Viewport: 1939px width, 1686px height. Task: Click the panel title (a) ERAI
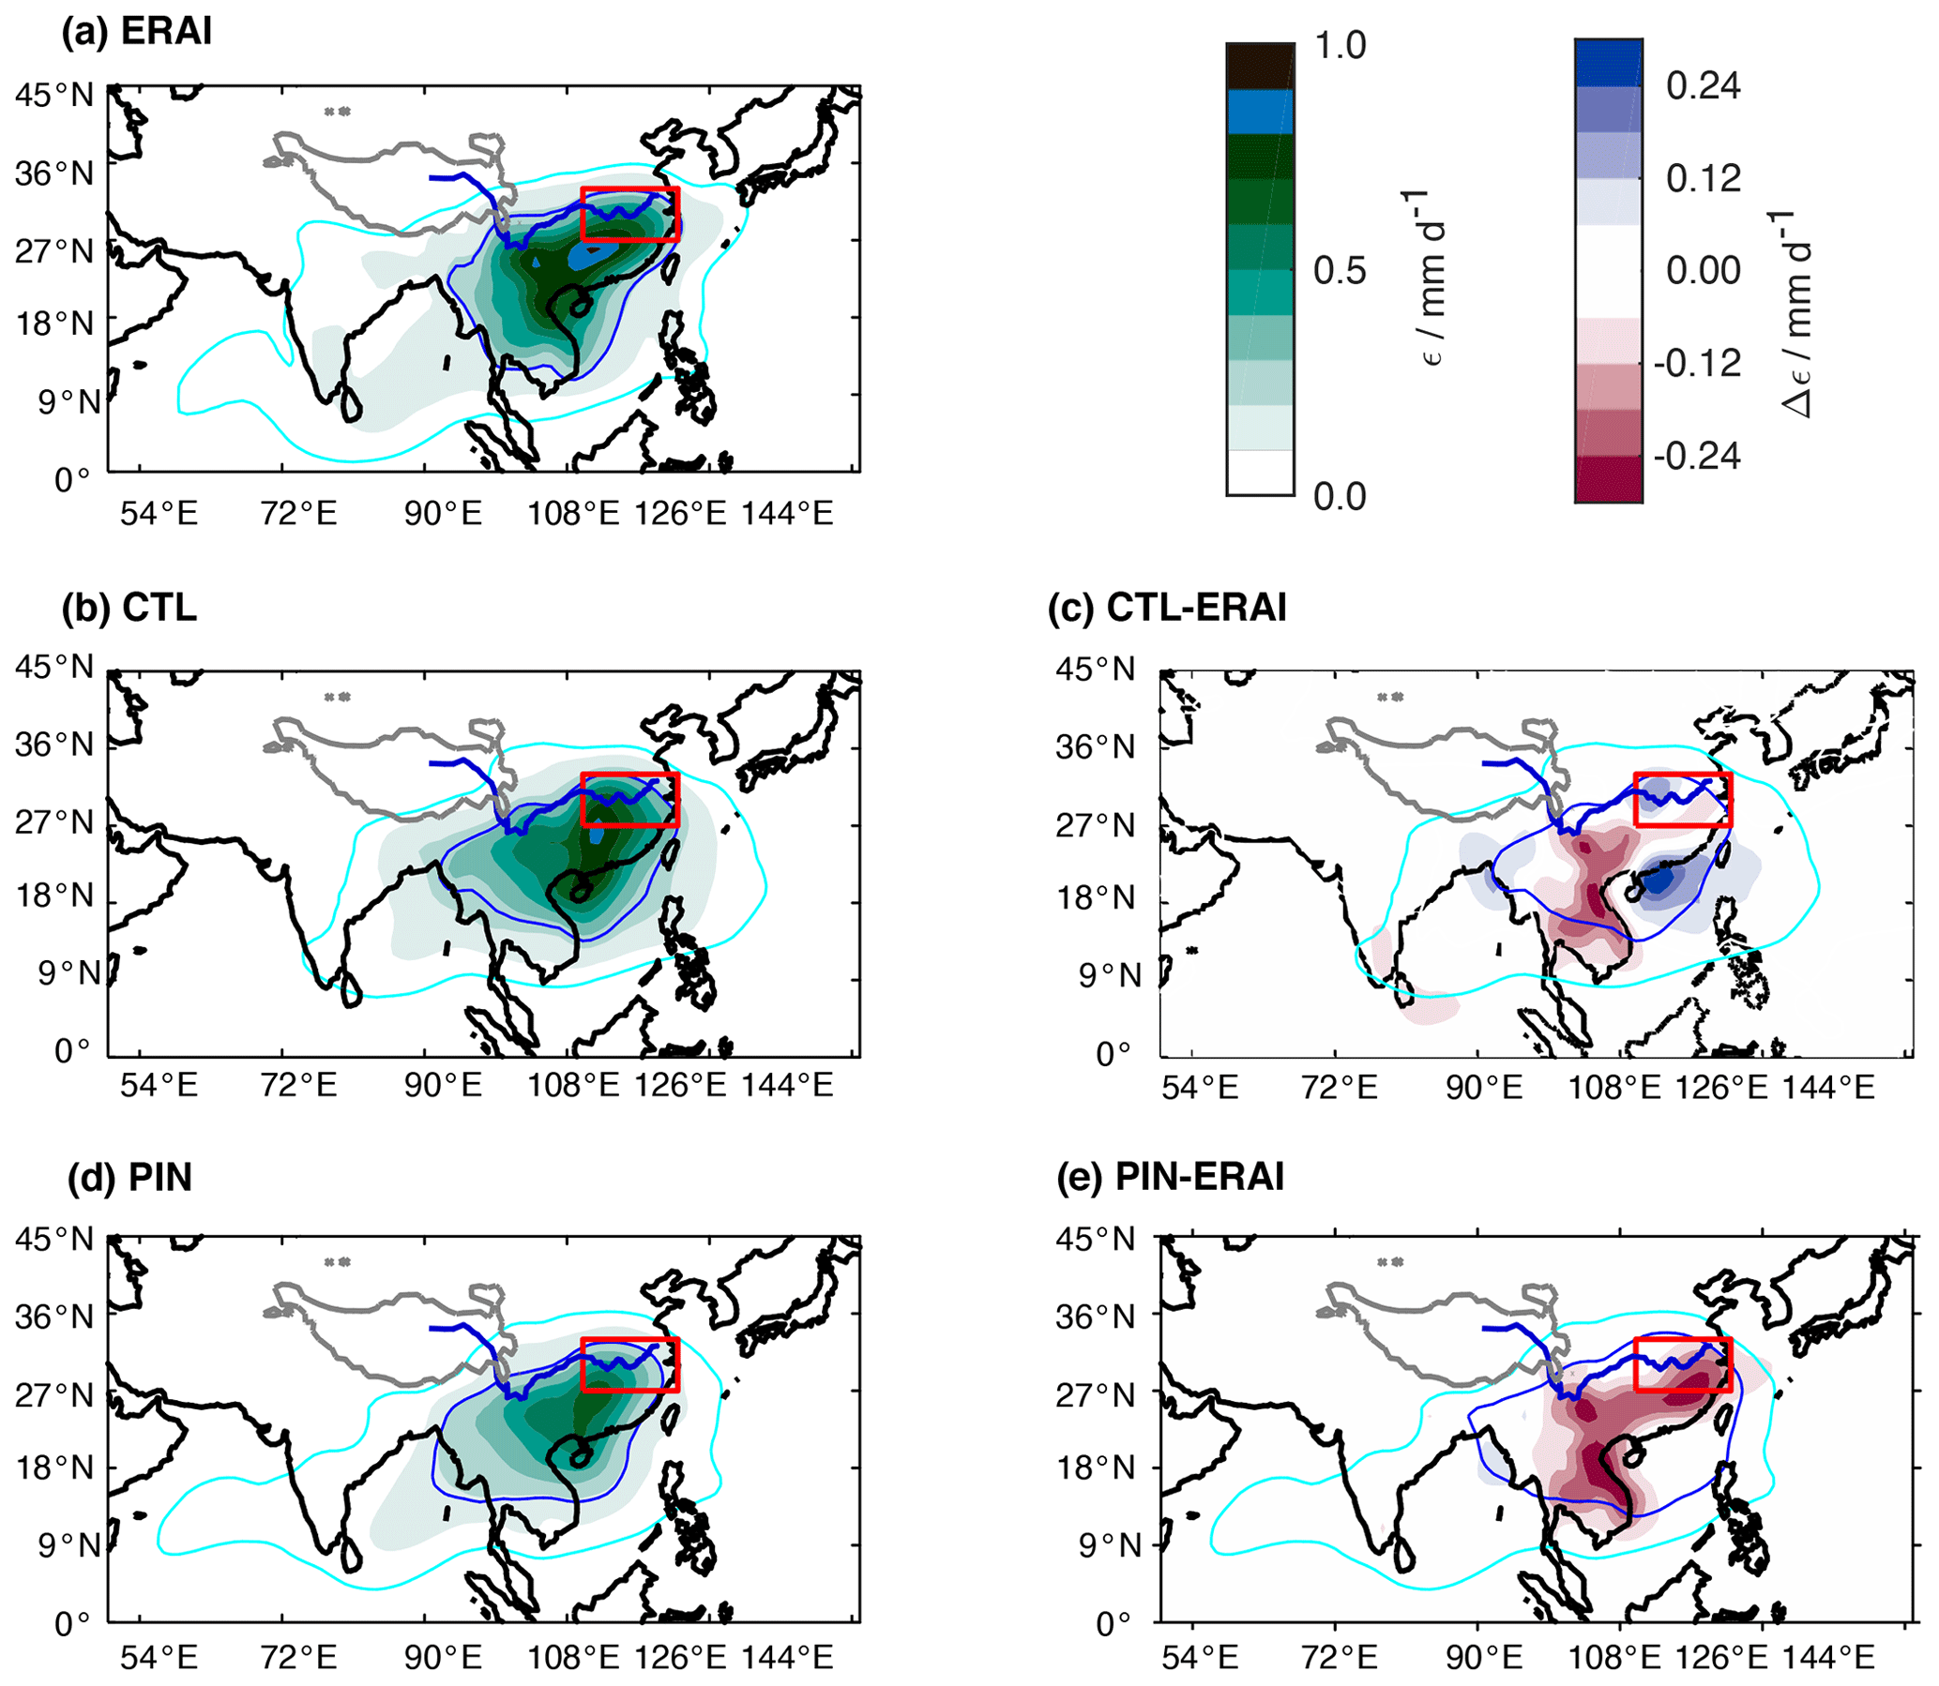[x=136, y=32]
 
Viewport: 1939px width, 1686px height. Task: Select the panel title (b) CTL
[x=129, y=608]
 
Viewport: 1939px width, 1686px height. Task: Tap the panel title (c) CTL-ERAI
[x=1167, y=608]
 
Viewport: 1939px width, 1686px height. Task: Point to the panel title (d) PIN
[x=129, y=1177]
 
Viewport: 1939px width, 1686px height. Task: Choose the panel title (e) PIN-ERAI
[x=1170, y=1177]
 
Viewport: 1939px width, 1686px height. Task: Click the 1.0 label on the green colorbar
[x=1340, y=45]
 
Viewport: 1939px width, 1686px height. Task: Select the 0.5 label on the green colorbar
[x=1340, y=270]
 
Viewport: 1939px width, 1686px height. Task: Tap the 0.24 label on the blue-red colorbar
[x=1703, y=85]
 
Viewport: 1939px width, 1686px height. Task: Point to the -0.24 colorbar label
[x=1697, y=457]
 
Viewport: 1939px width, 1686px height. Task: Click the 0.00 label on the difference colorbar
[x=1703, y=271]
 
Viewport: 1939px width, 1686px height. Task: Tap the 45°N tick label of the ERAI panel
[x=54, y=95]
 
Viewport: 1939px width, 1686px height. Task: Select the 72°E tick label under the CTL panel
[x=298, y=1085]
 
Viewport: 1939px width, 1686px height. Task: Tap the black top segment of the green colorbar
[x=1260, y=66]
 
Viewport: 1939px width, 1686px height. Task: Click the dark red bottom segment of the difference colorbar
[x=1609, y=479]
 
